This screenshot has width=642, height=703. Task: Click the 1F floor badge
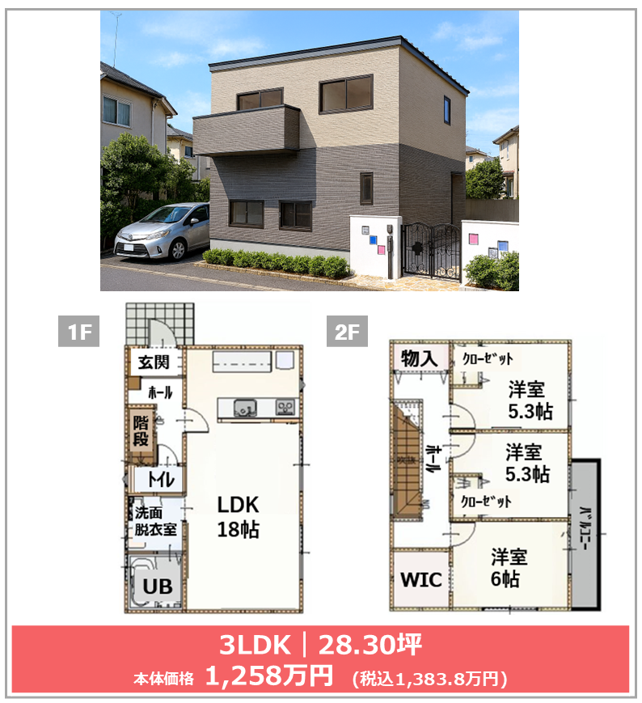pos(79,332)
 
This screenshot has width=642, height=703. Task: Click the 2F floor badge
pos(347,332)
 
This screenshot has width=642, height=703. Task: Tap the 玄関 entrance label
pos(153,362)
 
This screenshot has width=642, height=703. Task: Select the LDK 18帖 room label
pos(238,517)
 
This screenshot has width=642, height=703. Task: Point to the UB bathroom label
pos(157,587)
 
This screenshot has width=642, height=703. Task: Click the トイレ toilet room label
pos(161,481)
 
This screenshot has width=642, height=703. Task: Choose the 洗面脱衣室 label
pos(155,521)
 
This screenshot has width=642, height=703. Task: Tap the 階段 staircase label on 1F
pos(140,431)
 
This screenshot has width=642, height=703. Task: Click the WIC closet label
pos(421,580)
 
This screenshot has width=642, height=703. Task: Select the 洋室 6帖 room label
pos(508,568)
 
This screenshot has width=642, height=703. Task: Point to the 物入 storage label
pos(419,358)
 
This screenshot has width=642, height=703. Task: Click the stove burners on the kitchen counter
pos(285,408)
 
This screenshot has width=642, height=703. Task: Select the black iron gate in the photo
pos(431,249)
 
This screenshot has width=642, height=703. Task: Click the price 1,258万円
pos(268,675)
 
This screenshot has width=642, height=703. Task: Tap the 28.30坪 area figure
pos(370,645)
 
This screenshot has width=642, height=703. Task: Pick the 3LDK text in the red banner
pos(255,645)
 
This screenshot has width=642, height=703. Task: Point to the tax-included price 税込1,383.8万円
pos(429,679)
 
